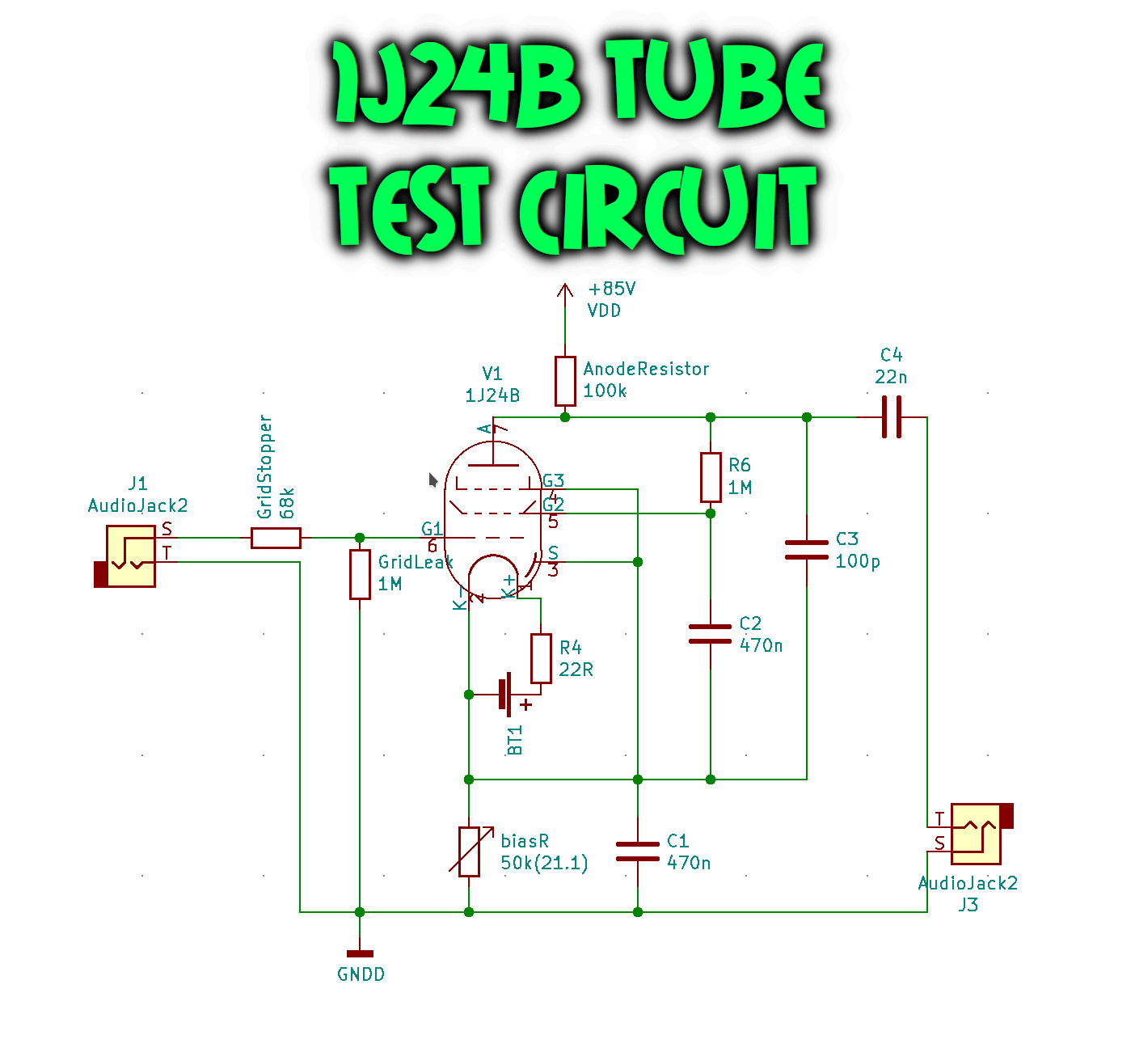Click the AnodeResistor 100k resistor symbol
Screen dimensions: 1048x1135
tap(565, 381)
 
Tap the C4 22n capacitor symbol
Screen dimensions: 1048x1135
tap(892, 417)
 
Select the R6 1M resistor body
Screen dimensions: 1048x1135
tap(711, 477)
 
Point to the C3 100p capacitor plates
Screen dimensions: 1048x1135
tap(807, 550)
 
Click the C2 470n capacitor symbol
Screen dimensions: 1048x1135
tap(711, 634)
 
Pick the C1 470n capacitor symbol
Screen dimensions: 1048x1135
tap(638, 851)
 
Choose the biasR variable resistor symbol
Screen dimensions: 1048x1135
tap(469, 851)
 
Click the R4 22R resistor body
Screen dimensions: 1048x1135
tap(541, 658)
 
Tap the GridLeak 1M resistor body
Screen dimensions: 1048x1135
tap(360, 574)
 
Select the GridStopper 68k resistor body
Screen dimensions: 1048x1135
tap(276, 538)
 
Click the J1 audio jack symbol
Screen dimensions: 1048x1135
tap(128, 556)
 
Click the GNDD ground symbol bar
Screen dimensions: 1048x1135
tap(360, 954)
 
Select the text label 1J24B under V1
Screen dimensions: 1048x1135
tap(492, 395)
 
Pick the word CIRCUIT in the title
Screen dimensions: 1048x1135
tap(667, 209)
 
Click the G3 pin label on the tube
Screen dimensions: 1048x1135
tap(553, 480)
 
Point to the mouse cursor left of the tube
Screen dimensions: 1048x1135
tap(432, 480)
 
